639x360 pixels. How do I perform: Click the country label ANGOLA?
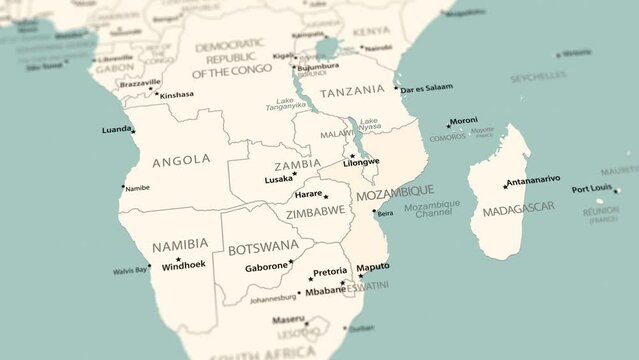pyautogui.click(x=181, y=159)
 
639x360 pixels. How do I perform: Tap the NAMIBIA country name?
pyautogui.click(x=180, y=244)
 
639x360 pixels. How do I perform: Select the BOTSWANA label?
pyautogui.click(x=263, y=247)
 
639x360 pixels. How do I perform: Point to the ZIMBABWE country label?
pyautogui.click(x=315, y=212)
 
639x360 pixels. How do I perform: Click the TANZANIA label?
pyautogui.click(x=352, y=89)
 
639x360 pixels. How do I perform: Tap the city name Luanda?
pyautogui.click(x=116, y=129)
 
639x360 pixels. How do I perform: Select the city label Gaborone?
pyautogui.click(x=266, y=267)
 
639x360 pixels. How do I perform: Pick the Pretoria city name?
pyautogui.click(x=330, y=272)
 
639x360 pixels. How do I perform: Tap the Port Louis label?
pyautogui.click(x=591, y=188)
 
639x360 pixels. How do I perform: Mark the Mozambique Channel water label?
pyautogui.click(x=432, y=208)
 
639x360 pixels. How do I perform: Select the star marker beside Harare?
pyautogui.click(x=326, y=196)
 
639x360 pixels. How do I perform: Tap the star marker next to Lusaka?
pyautogui.click(x=297, y=177)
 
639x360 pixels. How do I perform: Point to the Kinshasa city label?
pyautogui.click(x=177, y=95)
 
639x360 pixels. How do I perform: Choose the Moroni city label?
pyautogui.click(x=463, y=120)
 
